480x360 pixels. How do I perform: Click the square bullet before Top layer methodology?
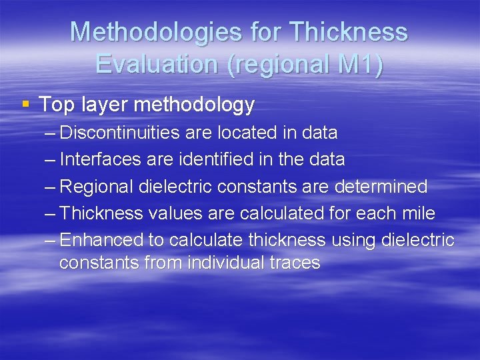point(26,104)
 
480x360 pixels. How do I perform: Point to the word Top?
point(55,105)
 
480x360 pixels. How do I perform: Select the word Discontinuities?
point(119,133)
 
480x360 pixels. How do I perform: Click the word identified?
point(211,159)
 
